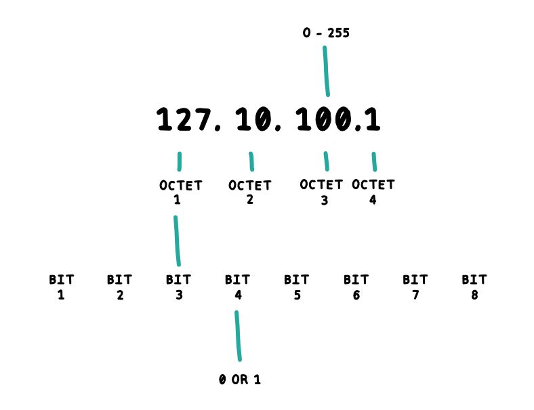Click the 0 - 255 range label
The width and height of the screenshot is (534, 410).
point(326,33)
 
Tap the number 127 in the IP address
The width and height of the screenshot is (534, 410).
point(184,121)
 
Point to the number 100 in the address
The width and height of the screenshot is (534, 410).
point(324,121)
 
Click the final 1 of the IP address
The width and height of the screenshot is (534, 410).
point(372,121)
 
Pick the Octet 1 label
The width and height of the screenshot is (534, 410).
point(180,192)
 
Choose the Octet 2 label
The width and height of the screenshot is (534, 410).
point(249,192)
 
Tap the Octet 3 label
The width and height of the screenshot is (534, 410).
point(321,192)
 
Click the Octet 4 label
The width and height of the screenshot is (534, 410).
point(373,192)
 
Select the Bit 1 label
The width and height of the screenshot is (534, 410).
point(62,287)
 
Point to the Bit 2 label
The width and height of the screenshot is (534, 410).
point(120,287)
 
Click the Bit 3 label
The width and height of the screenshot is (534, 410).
point(179,287)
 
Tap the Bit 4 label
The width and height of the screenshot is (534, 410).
point(238,287)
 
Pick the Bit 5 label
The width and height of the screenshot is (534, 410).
point(297,287)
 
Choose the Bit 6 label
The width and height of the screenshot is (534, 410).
point(356,287)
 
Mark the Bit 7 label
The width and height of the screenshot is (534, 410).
point(415,287)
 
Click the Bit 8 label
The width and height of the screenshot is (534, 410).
point(474,287)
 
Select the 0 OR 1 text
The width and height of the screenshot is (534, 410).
point(240,380)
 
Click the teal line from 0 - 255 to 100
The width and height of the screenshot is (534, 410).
point(326,71)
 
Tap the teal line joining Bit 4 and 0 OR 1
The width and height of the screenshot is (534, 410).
point(238,336)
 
